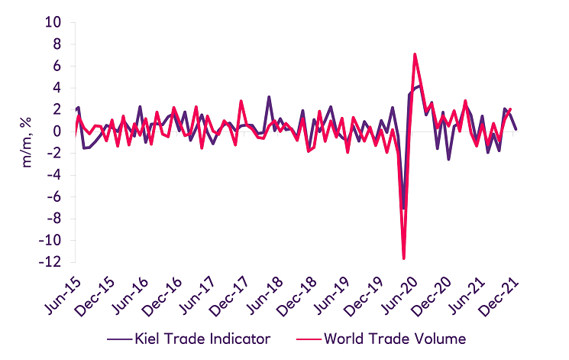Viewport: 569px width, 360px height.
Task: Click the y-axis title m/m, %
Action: click(x=27, y=142)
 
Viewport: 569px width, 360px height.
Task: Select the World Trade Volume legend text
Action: click(x=394, y=337)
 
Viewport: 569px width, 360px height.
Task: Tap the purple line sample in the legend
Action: click(x=121, y=337)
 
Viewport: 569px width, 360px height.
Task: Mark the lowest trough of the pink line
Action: click(x=403, y=258)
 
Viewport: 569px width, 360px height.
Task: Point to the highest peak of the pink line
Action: click(x=415, y=54)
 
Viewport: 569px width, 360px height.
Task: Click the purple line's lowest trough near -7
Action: click(x=403, y=208)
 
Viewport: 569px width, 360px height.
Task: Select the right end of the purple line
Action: click(x=516, y=129)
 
